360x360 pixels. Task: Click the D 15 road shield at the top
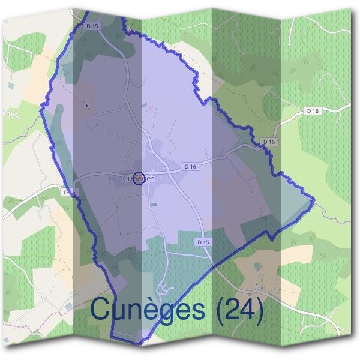[x=91, y=26]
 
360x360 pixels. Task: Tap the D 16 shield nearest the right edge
[x=312, y=110]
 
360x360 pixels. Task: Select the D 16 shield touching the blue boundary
[x=269, y=142]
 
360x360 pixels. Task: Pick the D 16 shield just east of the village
[x=191, y=166]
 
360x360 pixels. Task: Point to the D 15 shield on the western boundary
[x=70, y=193]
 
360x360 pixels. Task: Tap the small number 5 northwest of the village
[x=88, y=106]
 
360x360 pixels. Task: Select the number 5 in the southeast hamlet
[x=256, y=286]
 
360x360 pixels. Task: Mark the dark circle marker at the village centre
[x=139, y=178]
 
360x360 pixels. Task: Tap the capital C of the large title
[x=103, y=308]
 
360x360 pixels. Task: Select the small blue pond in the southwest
[x=69, y=306]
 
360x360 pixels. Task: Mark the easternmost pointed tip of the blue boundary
[x=314, y=199]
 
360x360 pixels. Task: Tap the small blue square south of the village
[x=154, y=205]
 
